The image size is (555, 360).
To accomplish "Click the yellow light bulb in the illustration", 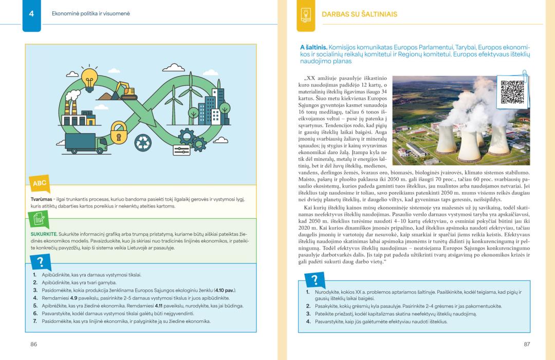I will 89,78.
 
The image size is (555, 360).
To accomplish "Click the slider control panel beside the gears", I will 182,150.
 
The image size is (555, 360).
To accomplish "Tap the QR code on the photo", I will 511,91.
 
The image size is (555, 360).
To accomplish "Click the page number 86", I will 34,344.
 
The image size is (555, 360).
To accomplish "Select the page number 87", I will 527,344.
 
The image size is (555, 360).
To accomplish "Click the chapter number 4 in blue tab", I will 31,14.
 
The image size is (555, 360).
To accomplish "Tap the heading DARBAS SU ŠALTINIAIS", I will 359,14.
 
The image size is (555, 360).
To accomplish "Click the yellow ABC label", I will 40,183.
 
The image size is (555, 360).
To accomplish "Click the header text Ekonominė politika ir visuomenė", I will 90,14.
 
